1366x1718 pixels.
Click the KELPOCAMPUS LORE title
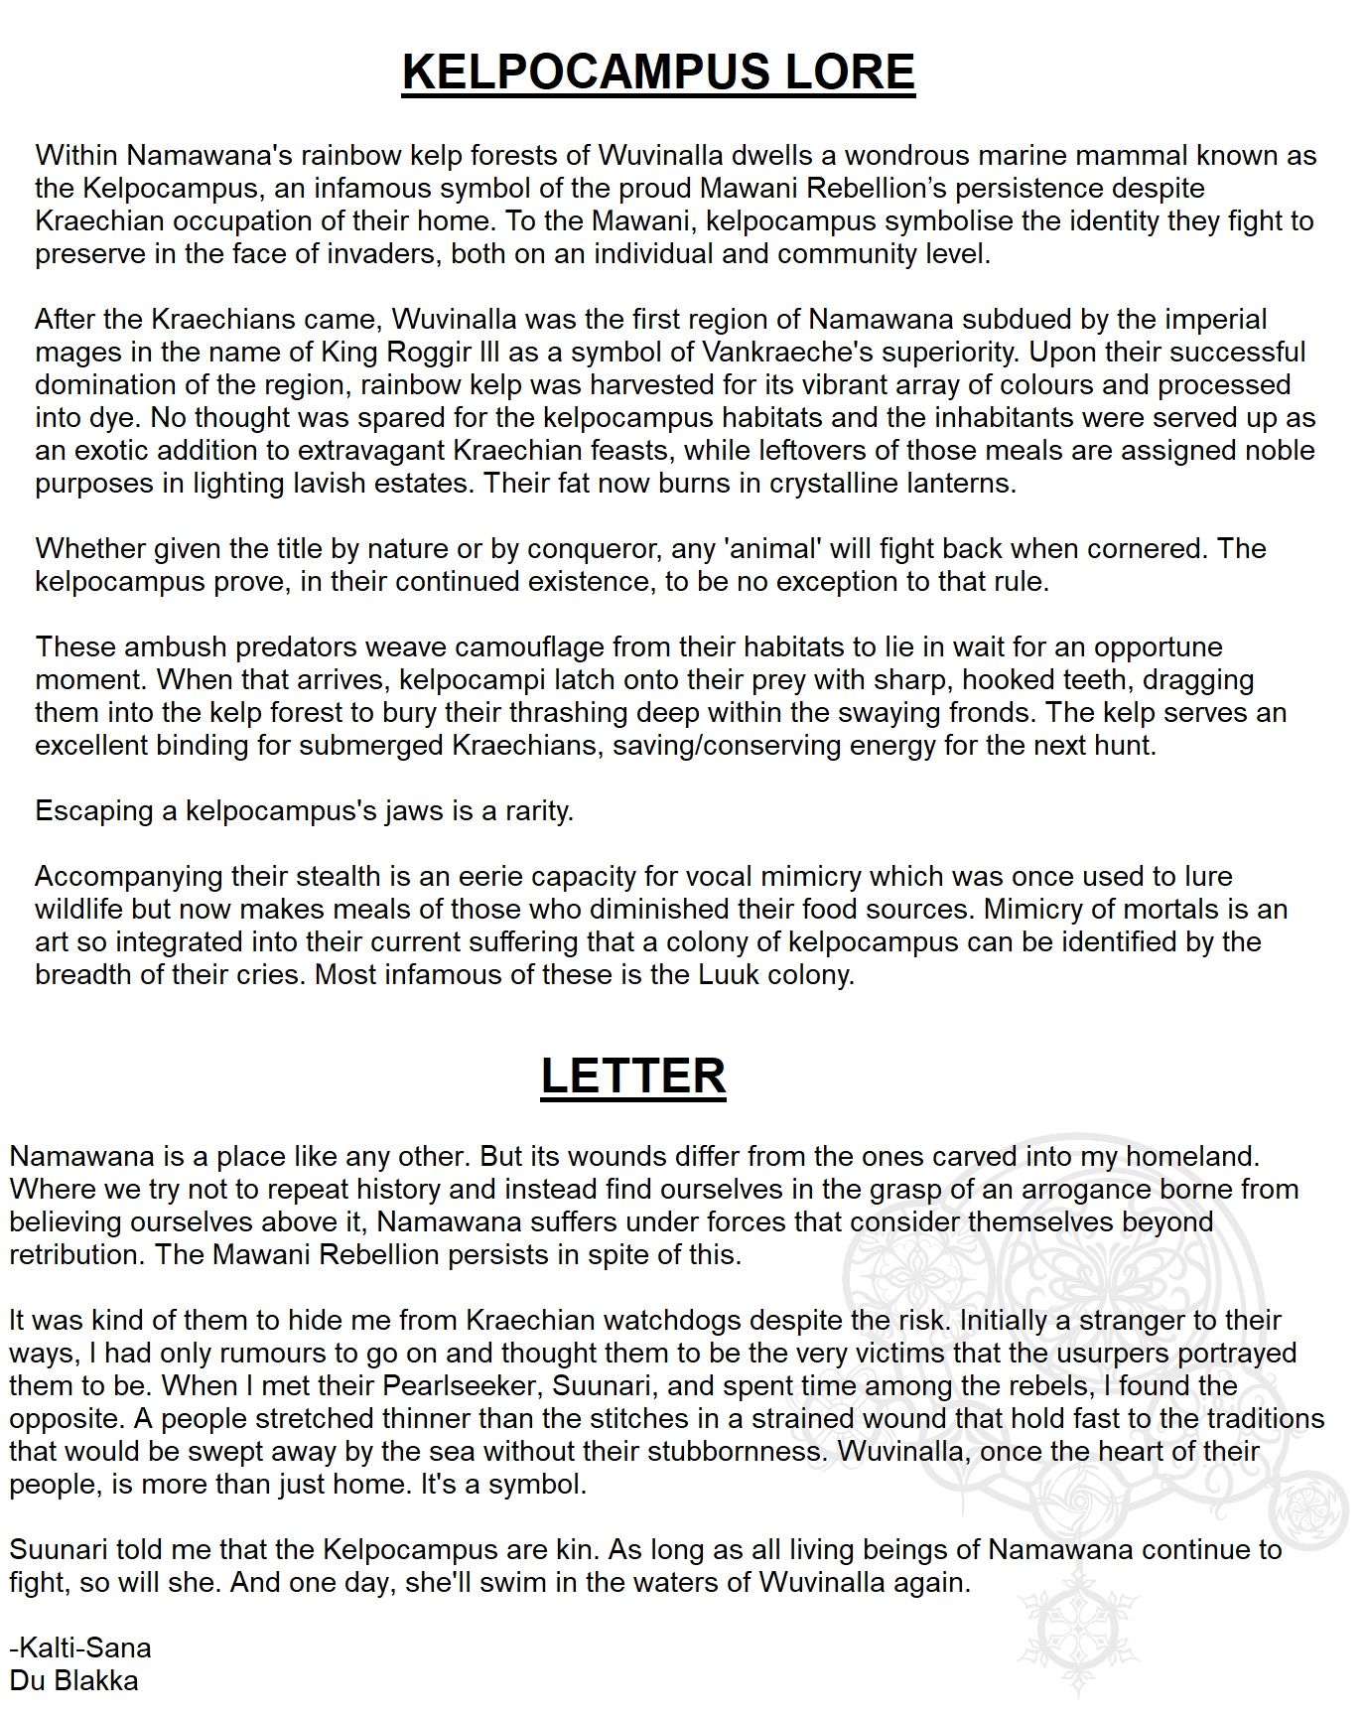pos(658,72)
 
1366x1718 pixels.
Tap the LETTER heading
pos(633,1075)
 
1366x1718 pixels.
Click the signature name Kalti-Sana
pos(83,1648)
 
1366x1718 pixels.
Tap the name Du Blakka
pos(73,1681)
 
